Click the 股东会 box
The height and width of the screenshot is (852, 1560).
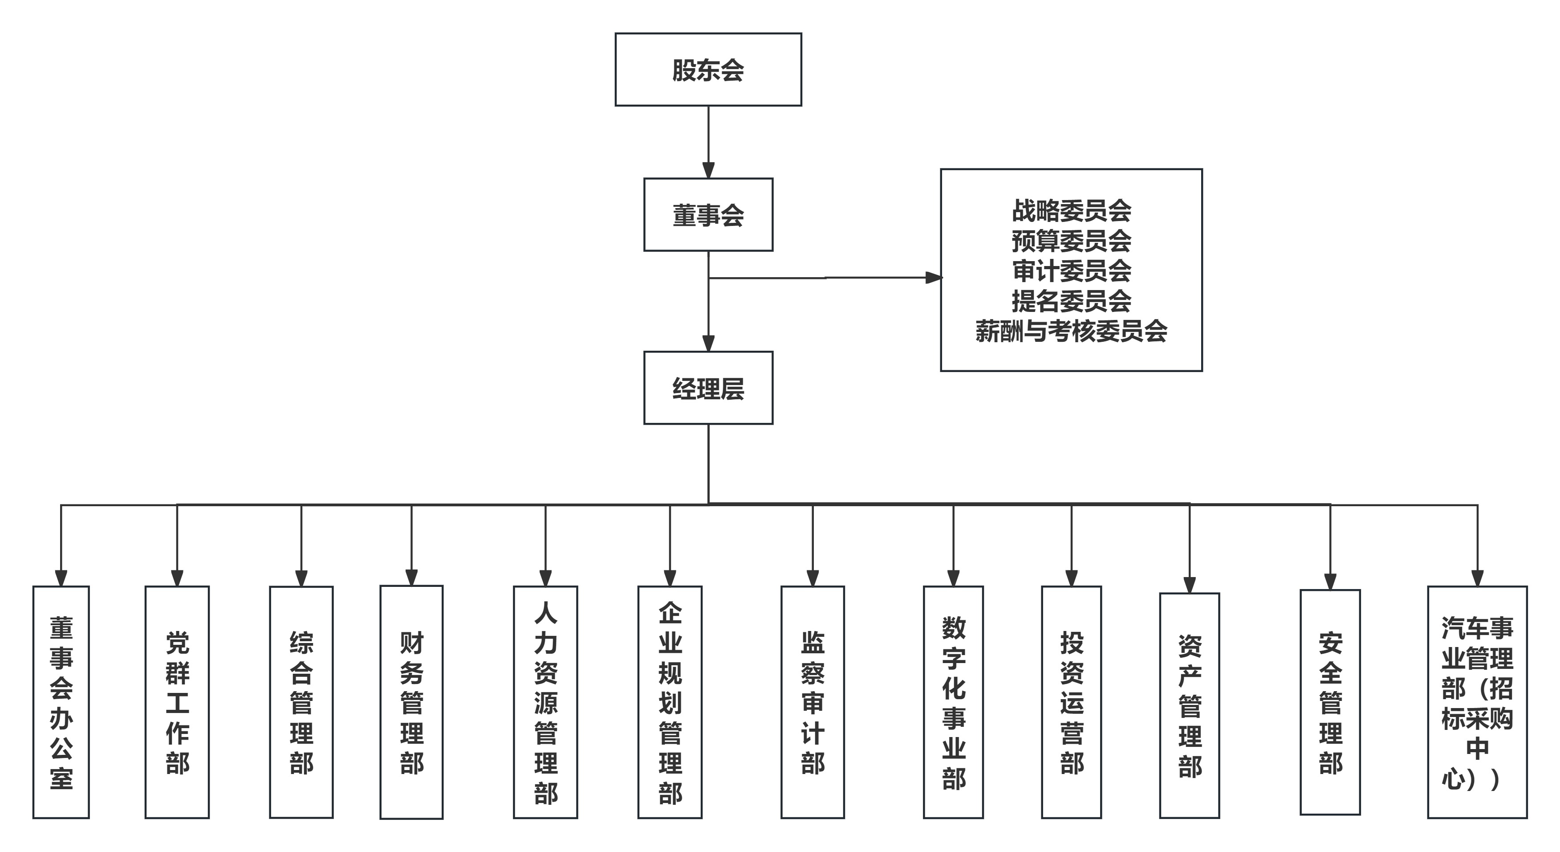click(x=708, y=70)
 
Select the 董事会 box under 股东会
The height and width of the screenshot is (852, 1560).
click(x=708, y=214)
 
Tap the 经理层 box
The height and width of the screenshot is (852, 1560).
click(x=708, y=388)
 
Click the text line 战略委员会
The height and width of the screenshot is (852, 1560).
click(x=1071, y=211)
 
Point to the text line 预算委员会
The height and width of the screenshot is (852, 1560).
click(x=1071, y=241)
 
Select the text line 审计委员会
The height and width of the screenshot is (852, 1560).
click(x=1071, y=271)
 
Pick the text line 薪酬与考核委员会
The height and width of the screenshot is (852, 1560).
click(x=1071, y=331)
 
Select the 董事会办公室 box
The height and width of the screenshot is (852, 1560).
click(x=61, y=702)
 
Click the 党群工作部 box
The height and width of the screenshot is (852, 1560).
click(x=177, y=702)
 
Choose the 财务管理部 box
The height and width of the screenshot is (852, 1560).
click(x=411, y=702)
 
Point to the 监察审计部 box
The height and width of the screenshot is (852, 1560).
click(x=812, y=702)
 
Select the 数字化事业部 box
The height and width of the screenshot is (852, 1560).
click(x=953, y=702)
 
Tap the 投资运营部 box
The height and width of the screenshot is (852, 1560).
click(x=1071, y=702)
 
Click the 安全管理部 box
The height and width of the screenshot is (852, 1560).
click(x=1330, y=702)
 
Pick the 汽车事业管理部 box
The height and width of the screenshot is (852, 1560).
click(x=1477, y=702)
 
